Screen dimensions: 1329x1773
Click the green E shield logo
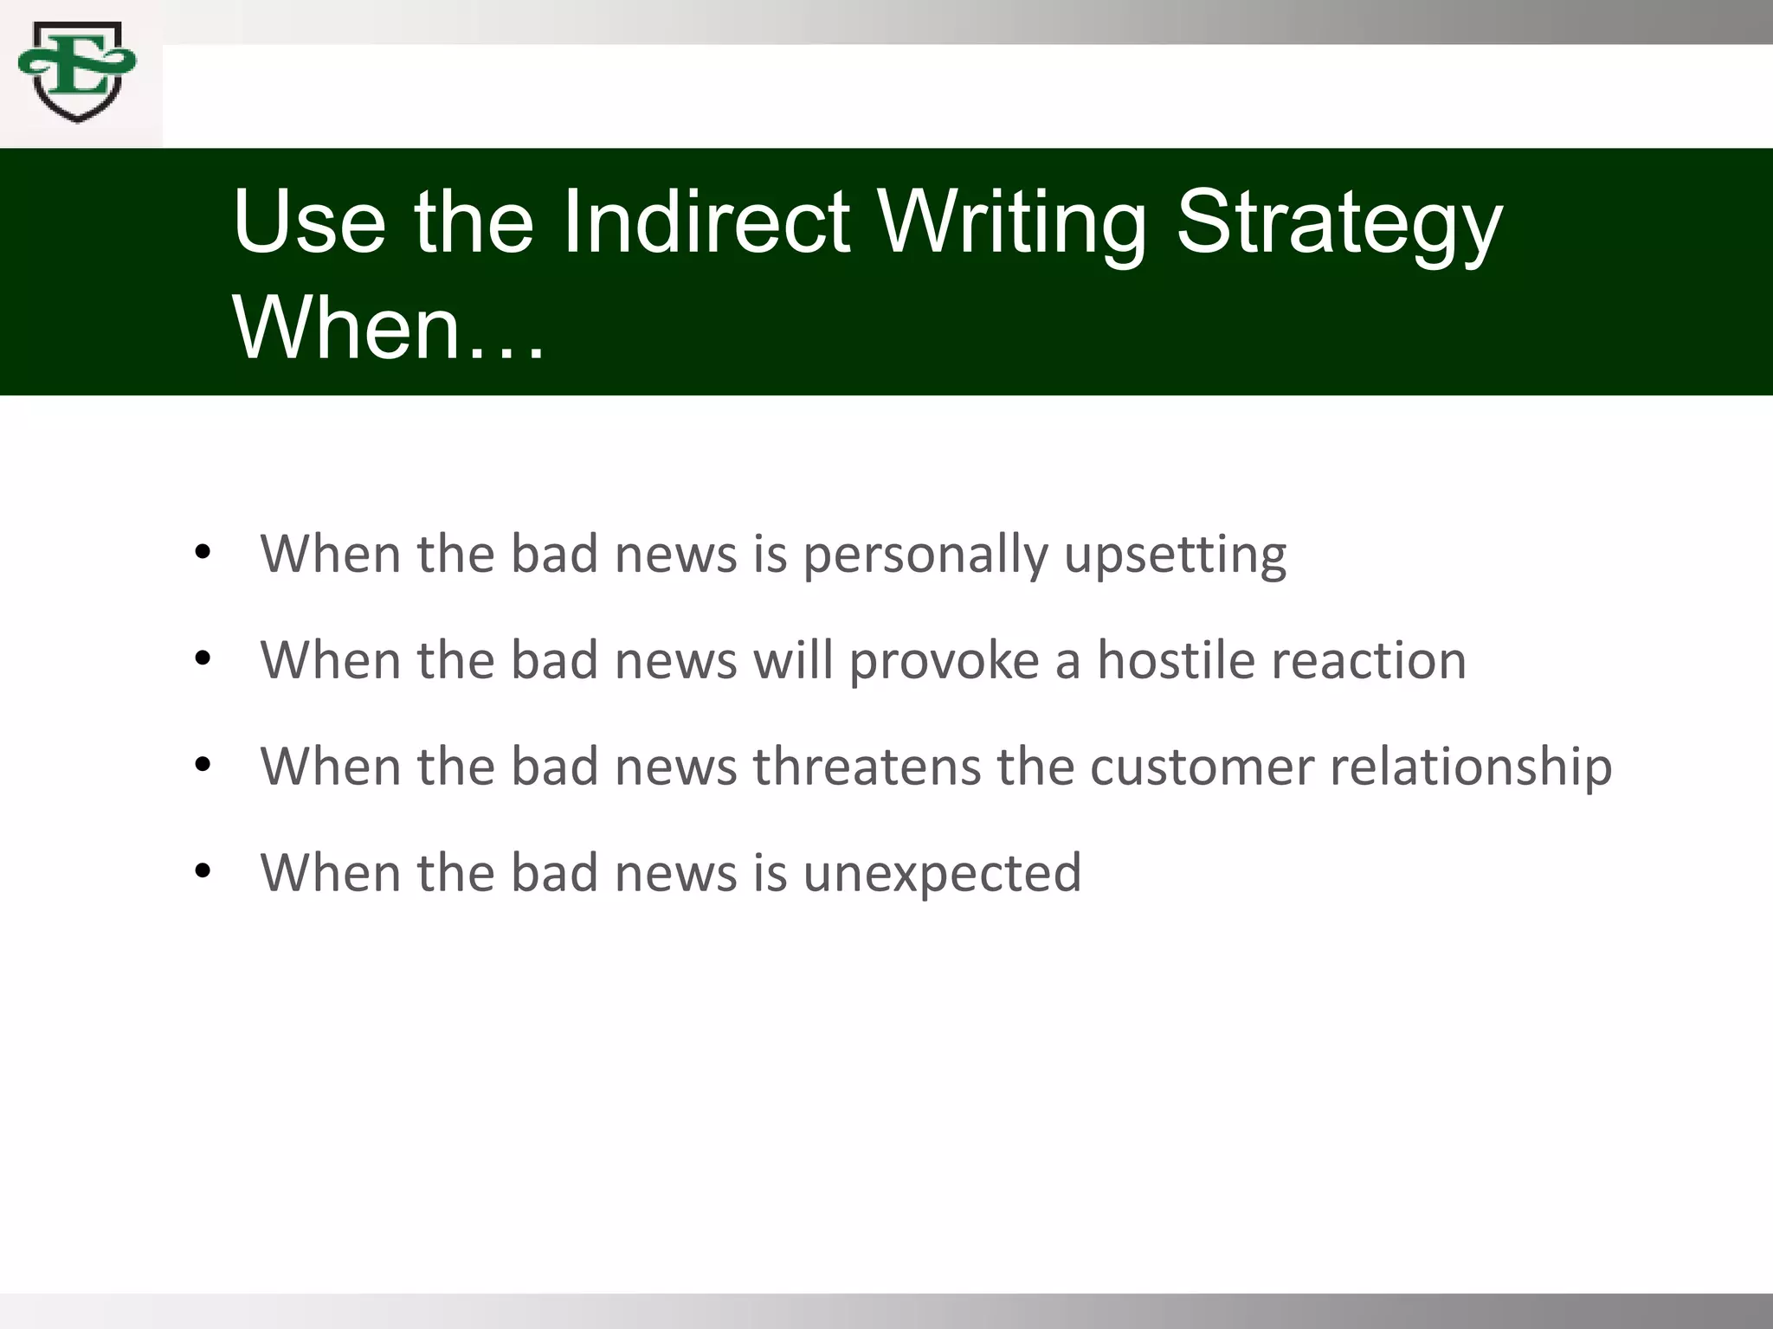pos(77,71)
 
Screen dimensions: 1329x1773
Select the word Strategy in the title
pos(1338,223)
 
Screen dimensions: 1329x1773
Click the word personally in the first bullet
pos(925,555)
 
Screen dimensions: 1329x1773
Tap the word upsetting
pos(1175,555)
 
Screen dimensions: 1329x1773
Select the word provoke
pos(944,661)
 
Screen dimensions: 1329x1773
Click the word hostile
pos(1176,660)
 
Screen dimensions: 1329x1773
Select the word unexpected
pos(942,873)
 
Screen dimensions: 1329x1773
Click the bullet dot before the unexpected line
pos(203,871)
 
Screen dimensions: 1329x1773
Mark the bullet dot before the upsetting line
pos(203,552)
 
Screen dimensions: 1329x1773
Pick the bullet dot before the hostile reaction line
pos(203,658)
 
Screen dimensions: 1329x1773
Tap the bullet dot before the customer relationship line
pos(203,765)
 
